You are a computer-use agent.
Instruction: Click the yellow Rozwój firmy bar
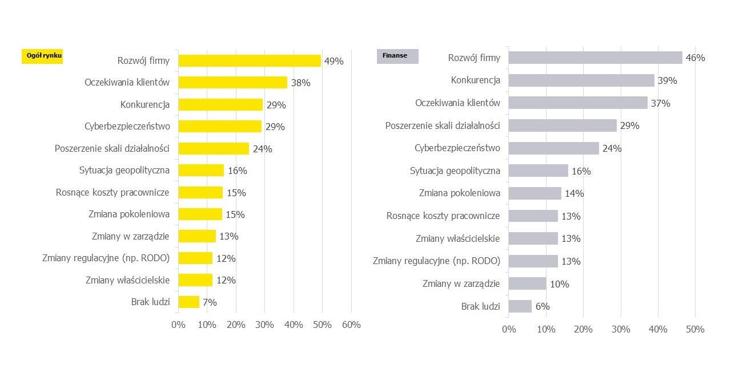coord(250,60)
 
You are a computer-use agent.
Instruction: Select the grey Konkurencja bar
coord(581,80)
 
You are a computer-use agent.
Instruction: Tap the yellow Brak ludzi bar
coord(189,302)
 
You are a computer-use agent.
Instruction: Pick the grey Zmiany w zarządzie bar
coord(527,283)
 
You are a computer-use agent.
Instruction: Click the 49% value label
coord(334,61)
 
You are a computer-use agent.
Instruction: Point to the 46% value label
coord(695,58)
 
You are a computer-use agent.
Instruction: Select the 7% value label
coord(210,302)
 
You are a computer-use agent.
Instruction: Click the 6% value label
coord(543,306)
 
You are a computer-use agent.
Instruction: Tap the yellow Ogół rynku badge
coord(42,56)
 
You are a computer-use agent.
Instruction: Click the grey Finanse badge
coord(397,56)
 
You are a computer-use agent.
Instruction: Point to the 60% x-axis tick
coord(351,325)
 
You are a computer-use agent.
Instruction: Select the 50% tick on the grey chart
coord(695,329)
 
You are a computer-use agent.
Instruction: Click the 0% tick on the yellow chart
coord(178,325)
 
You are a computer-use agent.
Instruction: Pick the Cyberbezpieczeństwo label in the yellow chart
coord(127,126)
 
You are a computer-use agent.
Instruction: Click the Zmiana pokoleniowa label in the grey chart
coord(459,193)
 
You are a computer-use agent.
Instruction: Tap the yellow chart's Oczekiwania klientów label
coord(127,82)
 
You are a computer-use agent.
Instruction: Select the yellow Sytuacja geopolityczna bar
coord(201,170)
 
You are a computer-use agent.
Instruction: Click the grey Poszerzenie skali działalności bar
coord(563,125)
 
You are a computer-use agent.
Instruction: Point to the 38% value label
coord(300,83)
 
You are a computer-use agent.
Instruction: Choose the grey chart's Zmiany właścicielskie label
coord(457,238)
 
